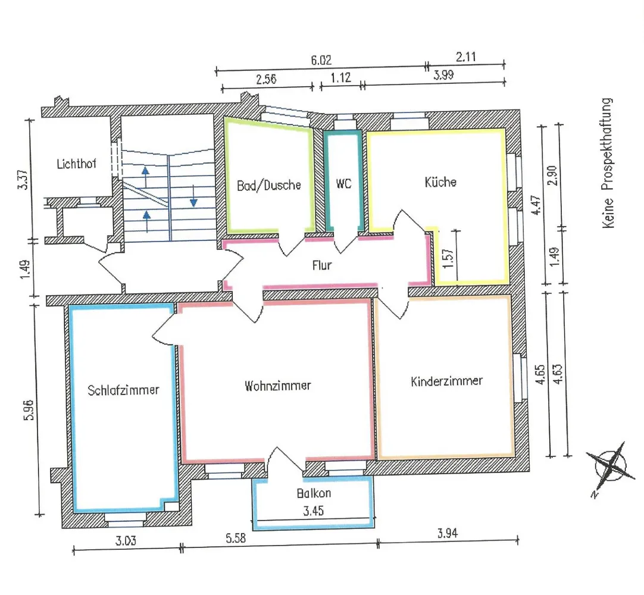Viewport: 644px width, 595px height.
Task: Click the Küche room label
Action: pyautogui.click(x=440, y=182)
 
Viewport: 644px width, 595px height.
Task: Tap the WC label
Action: pyautogui.click(x=344, y=183)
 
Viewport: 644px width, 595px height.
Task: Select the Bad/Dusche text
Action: pyautogui.click(x=269, y=185)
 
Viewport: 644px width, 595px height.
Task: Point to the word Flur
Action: pyautogui.click(x=321, y=265)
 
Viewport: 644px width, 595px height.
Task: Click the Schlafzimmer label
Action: pyautogui.click(x=123, y=390)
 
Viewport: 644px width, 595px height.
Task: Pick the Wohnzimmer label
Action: pyautogui.click(x=277, y=386)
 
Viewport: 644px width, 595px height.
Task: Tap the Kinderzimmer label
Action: pyautogui.click(x=446, y=381)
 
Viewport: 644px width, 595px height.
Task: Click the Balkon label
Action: pyautogui.click(x=314, y=493)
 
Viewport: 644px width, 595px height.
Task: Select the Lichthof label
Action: pyautogui.click(x=76, y=164)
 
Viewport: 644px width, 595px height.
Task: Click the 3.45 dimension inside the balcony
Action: pyautogui.click(x=314, y=511)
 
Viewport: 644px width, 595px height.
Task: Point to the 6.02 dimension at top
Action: pyautogui.click(x=321, y=61)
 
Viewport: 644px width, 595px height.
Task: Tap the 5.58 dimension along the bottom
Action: pyautogui.click(x=236, y=538)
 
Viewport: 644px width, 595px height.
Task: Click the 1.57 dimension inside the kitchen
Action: pyautogui.click(x=449, y=258)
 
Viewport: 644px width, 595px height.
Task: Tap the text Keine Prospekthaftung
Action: pyautogui.click(x=608, y=163)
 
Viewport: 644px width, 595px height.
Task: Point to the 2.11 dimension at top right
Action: pyautogui.click(x=466, y=57)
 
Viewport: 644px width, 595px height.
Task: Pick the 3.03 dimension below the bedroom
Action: pyautogui.click(x=126, y=541)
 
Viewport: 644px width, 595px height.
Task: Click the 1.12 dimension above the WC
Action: pyautogui.click(x=341, y=77)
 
